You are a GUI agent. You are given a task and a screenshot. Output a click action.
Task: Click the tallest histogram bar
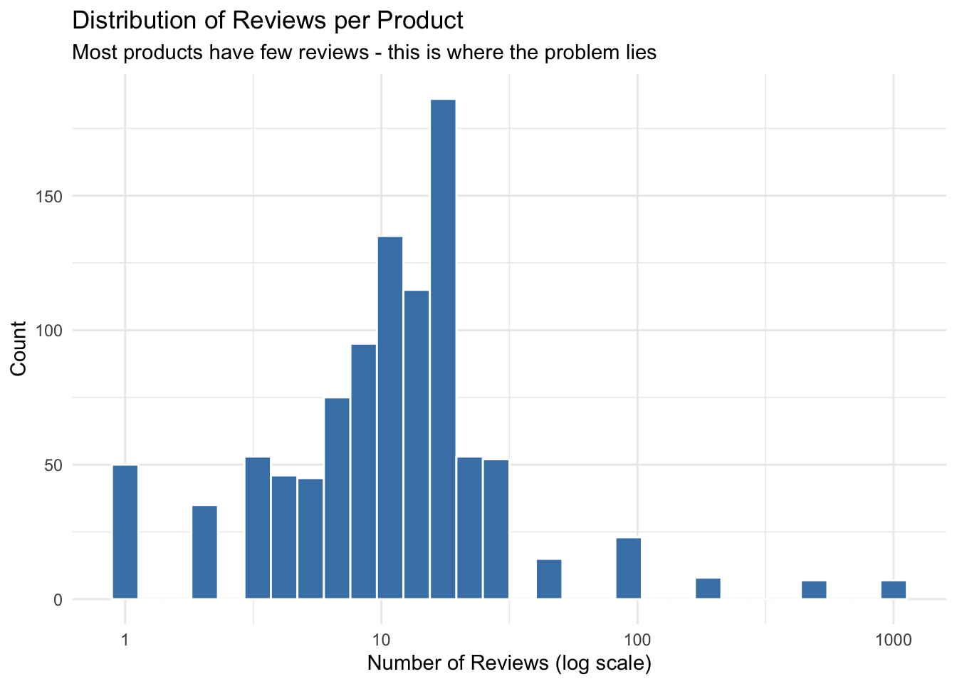[x=443, y=349]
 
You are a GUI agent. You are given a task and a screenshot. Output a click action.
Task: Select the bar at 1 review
[x=125, y=532]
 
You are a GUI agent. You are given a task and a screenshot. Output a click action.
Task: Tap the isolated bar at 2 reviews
[x=204, y=552]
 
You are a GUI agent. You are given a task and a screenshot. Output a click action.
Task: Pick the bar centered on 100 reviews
[x=628, y=569]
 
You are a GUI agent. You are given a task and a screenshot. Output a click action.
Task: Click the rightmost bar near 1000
[x=893, y=590]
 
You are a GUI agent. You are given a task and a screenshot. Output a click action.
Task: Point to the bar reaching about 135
[x=390, y=418]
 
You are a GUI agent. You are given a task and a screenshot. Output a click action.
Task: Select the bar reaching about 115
[x=417, y=445]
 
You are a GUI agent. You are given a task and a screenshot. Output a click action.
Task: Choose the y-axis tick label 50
[x=54, y=465]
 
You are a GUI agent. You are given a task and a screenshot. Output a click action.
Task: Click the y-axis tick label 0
[x=58, y=600]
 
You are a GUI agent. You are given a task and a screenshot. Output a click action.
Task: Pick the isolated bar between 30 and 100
[x=549, y=579]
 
